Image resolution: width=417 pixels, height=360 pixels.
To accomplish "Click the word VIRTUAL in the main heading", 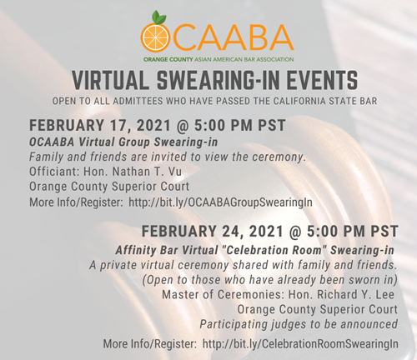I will pos(117,81).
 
